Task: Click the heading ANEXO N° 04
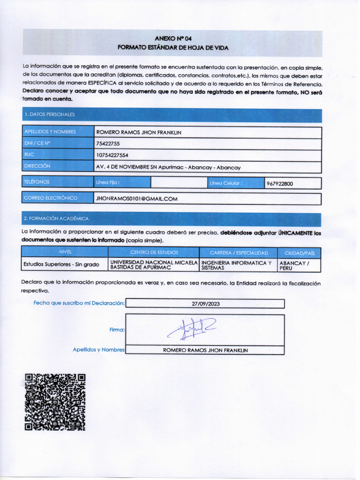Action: pos(173,38)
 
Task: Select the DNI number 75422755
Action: pos(108,144)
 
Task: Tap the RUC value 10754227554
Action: pos(112,155)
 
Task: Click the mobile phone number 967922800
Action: pos(279,183)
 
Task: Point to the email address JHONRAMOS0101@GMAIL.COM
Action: pos(136,198)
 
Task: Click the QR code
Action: pos(55,402)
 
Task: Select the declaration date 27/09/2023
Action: pos(205,304)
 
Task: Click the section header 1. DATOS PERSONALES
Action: pos(50,114)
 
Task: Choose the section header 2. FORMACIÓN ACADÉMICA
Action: pos(56,218)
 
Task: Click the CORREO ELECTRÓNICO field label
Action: pos(51,198)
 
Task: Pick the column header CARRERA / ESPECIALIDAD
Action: pos(239,253)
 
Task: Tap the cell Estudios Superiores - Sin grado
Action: pos(61,264)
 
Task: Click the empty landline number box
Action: pos(179,183)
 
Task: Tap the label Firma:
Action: pos(117,330)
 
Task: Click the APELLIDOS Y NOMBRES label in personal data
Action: pos(50,132)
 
